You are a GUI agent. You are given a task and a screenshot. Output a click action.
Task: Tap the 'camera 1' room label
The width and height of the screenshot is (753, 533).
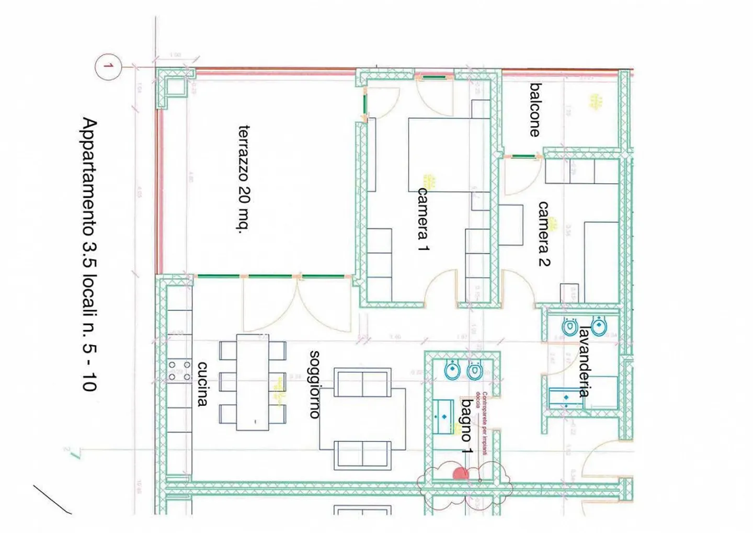point(423,219)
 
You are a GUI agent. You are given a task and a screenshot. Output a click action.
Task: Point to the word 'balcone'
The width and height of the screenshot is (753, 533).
point(534,110)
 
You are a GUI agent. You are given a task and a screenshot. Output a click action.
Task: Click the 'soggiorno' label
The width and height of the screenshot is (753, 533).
point(315,384)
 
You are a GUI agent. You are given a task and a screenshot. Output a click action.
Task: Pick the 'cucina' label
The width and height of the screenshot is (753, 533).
point(202,384)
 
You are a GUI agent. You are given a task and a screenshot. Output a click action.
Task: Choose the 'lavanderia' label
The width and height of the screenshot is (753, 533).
point(584,361)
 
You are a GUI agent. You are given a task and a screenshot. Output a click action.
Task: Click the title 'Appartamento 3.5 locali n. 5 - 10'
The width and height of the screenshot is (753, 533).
point(89,254)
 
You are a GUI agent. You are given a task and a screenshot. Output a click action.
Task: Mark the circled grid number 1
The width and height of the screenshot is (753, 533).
point(108,66)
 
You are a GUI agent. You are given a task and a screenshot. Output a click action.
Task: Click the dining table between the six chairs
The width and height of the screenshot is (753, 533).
point(253,382)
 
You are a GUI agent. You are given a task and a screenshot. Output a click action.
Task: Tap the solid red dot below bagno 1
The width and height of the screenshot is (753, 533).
point(460,474)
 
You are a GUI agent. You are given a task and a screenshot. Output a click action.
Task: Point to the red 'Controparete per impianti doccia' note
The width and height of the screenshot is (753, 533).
point(481,424)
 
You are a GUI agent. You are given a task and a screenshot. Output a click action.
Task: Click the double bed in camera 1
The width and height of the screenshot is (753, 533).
point(449,154)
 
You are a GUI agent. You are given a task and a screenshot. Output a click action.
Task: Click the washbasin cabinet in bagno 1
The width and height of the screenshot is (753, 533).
point(443,416)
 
